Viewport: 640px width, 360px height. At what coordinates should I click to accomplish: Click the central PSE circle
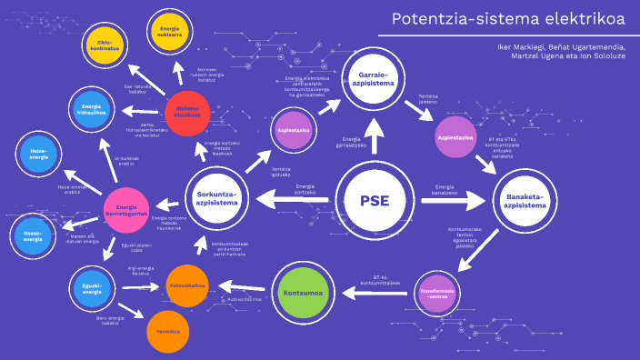(x=374, y=201)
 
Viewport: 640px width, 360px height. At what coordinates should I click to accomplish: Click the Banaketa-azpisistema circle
(x=525, y=200)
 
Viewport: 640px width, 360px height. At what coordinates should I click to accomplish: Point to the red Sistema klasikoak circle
(x=192, y=113)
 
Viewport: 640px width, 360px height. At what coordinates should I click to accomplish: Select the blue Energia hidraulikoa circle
(x=91, y=108)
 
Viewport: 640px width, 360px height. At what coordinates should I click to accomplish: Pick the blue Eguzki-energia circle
(x=92, y=289)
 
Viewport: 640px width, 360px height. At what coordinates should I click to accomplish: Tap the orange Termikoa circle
(x=168, y=331)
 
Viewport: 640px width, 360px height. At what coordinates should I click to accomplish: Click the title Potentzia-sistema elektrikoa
(x=508, y=19)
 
